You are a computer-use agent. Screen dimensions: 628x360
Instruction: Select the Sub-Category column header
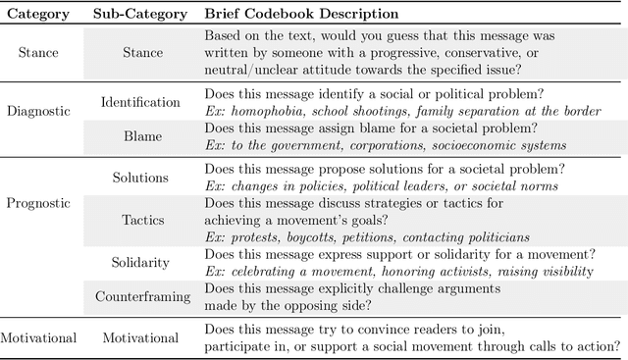[x=140, y=15]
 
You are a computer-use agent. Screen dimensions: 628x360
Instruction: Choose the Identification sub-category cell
[x=140, y=101]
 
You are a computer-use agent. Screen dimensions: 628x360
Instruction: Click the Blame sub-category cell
[x=140, y=138]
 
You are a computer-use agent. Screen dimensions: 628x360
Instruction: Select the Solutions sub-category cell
[x=140, y=178]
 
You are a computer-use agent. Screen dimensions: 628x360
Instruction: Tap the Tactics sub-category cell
[x=140, y=220]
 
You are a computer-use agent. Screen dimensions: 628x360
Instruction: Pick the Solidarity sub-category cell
[x=140, y=263]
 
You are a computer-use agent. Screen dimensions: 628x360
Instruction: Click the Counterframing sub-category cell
[x=140, y=295]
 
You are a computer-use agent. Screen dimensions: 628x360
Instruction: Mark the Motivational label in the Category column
[x=38, y=337]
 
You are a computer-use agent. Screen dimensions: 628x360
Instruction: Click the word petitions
[x=383, y=237]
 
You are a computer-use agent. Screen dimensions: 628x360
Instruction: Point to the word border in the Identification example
[x=580, y=112]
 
